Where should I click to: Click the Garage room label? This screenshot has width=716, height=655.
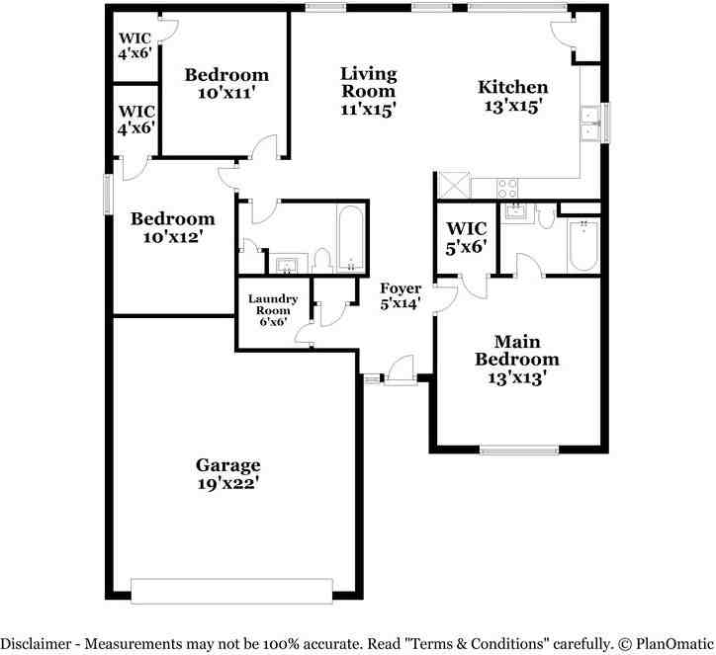[227, 473]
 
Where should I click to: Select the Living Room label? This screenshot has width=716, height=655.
[368, 91]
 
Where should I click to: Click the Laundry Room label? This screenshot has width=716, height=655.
[273, 308]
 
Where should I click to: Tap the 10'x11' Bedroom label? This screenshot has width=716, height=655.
[226, 83]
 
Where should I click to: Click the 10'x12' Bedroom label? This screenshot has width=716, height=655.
[173, 227]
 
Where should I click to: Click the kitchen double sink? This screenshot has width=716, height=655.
[589, 123]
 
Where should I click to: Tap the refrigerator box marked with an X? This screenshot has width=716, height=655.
[453, 185]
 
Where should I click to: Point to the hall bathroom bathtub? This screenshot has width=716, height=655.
[350, 238]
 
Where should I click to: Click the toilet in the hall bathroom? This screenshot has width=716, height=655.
[320, 261]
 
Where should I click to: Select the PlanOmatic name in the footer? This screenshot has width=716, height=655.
[671, 642]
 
